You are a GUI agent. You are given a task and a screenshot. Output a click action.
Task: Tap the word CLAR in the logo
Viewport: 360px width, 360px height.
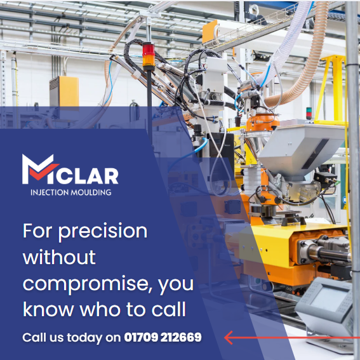[x=90, y=175]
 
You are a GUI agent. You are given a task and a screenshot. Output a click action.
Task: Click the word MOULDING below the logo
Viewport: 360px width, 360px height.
[x=91, y=192]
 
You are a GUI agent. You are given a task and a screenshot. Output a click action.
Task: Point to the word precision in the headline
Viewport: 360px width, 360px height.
[x=103, y=231]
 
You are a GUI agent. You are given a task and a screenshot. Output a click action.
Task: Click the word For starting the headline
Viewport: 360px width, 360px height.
[x=36, y=230]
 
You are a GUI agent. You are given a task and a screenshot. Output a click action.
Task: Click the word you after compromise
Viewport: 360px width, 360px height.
[x=176, y=283]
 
